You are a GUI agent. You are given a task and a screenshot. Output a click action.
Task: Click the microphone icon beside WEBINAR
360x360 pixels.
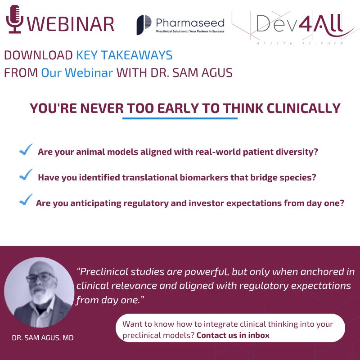point(15,19)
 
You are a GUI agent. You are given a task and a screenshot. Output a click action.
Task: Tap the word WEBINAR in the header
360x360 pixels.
point(71,24)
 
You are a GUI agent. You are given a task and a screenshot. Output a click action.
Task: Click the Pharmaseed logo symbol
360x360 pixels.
point(144,25)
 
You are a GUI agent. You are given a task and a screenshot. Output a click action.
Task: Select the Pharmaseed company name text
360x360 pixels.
point(190,23)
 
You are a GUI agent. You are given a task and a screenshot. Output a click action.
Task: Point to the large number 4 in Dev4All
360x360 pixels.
point(306,23)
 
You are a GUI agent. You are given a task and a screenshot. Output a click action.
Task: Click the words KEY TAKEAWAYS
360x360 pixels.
point(124,55)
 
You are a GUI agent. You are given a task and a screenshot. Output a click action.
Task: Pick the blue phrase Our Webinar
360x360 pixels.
point(77,73)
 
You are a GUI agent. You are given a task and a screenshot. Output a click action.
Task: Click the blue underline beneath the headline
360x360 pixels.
point(180,118)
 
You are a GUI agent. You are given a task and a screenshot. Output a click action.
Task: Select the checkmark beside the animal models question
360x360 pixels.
point(26,149)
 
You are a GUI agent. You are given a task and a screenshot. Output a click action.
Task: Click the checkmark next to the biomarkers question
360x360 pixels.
point(26,175)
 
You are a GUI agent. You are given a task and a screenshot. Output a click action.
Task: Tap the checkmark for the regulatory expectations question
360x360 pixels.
point(26,200)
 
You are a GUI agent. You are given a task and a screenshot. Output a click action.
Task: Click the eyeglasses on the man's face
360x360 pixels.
point(40,277)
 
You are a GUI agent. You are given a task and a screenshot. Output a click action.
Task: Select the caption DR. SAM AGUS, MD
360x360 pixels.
point(43,338)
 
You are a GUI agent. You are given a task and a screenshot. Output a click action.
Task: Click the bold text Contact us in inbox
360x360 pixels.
point(233,335)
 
